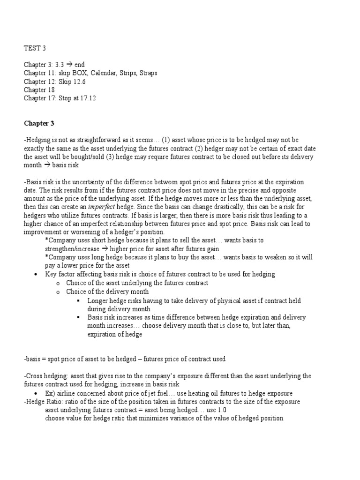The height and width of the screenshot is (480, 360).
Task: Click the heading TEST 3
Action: pos(35,48)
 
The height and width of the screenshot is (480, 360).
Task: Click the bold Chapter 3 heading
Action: pos(39,124)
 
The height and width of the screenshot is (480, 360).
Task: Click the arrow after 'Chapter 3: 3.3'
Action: pos(68,65)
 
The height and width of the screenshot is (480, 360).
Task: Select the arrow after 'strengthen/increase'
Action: pos(109,249)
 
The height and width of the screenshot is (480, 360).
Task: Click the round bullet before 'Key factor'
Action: pos(36,274)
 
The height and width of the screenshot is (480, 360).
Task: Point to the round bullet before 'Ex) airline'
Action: pos(36,393)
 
